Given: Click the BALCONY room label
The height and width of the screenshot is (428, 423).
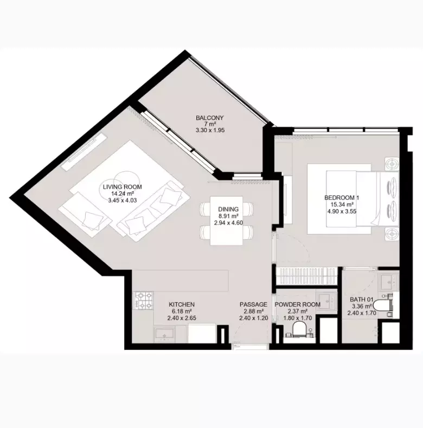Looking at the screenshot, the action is pos(209,118).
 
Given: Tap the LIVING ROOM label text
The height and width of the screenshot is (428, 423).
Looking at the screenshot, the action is pos(123,187).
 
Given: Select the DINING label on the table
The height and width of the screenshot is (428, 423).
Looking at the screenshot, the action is pos(228,209).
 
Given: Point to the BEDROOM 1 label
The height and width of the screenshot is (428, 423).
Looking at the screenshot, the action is pos(342,198).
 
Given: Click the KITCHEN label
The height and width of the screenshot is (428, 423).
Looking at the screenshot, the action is pos(182,304).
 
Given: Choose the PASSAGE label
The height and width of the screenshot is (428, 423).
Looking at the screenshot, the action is pos(253,304).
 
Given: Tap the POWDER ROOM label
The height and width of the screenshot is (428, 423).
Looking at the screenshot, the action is pos(298,304).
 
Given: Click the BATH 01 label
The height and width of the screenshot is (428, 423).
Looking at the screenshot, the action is pos(362,300).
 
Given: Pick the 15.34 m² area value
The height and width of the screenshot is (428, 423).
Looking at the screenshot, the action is pos(342,204).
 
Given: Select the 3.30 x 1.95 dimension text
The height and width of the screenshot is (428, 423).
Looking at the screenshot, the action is pos(210,131).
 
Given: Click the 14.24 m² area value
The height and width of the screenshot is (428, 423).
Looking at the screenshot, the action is pos(123,194).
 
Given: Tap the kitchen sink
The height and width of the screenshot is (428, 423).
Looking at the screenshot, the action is pos(164,335).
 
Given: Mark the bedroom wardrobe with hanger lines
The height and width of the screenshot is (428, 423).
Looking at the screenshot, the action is pos(306,276).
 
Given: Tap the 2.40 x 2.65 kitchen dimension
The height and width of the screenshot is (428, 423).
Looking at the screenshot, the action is pos(182,318).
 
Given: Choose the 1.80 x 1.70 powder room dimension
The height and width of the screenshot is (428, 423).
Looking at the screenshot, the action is pos(298,318).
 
